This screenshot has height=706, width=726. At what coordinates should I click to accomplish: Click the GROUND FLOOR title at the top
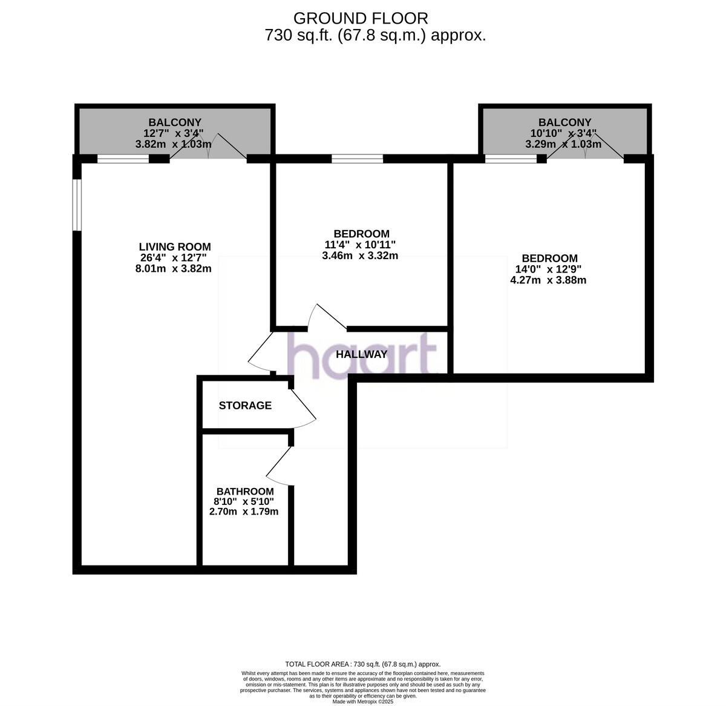tap(361, 18)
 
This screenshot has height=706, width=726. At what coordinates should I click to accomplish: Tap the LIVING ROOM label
tap(175, 246)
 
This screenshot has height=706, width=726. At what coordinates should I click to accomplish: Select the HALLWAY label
tap(361, 355)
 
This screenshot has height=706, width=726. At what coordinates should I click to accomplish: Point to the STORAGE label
tap(245, 406)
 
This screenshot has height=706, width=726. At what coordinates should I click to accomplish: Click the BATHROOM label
tap(245, 492)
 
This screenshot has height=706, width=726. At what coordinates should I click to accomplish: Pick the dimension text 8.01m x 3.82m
tap(174, 269)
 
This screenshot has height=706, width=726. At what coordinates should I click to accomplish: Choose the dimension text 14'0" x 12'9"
tap(548, 269)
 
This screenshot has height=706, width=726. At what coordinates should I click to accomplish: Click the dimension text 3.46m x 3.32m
tap(360, 256)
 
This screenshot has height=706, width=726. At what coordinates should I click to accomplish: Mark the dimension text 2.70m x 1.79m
tap(244, 512)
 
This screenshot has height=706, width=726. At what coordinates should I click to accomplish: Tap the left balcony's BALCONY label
tap(175, 122)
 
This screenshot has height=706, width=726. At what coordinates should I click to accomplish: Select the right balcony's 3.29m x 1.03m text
tap(563, 144)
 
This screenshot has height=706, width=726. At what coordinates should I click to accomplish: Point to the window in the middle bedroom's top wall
tap(357, 159)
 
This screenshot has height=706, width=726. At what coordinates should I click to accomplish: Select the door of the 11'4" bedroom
tap(327, 316)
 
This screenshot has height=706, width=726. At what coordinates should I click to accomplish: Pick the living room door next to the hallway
tap(260, 352)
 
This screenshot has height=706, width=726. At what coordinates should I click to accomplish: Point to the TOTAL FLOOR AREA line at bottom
tap(363, 664)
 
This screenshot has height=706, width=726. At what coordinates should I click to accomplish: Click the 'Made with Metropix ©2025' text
tap(363, 702)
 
